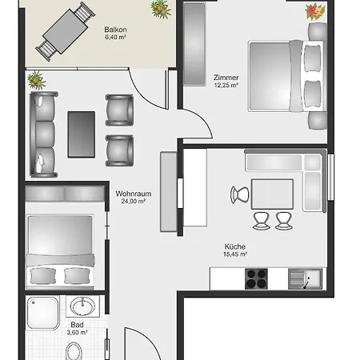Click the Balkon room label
click(x=115, y=30)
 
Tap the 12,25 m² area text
click(x=226, y=86)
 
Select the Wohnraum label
click(x=134, y=194)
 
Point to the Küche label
click(x=235, y=246)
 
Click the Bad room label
click(x=77, y=325)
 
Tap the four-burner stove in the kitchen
click(x=256, y=279)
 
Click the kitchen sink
click(x=306, y=279)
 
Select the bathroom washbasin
click(x=82, y=306)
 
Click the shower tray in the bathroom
click(x=43, y=313)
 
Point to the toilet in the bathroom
click(x=74, y=351)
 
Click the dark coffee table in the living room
click(x=82, y=134)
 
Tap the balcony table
click(x=66, y=31)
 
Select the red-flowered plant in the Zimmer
click(x=315, y=11)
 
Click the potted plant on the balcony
click(x=161, y=9)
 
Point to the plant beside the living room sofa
click(x=37, y=80)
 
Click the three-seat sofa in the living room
click(x=44, y=134)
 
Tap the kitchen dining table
click(x=272, y=194)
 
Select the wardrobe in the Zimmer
click(x=194, y=44)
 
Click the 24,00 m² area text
click(x=134, y=202)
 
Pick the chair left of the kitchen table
click(x=239, y=195)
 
